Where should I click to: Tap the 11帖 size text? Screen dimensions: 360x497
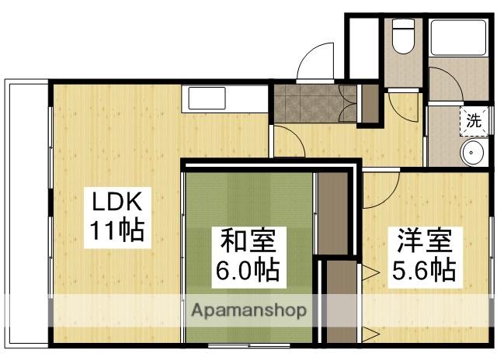(116, 231)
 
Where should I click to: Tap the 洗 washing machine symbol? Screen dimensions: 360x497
(473, 121)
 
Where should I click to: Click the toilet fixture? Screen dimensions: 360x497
(402, 38)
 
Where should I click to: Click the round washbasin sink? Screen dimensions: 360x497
(473, 153)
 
